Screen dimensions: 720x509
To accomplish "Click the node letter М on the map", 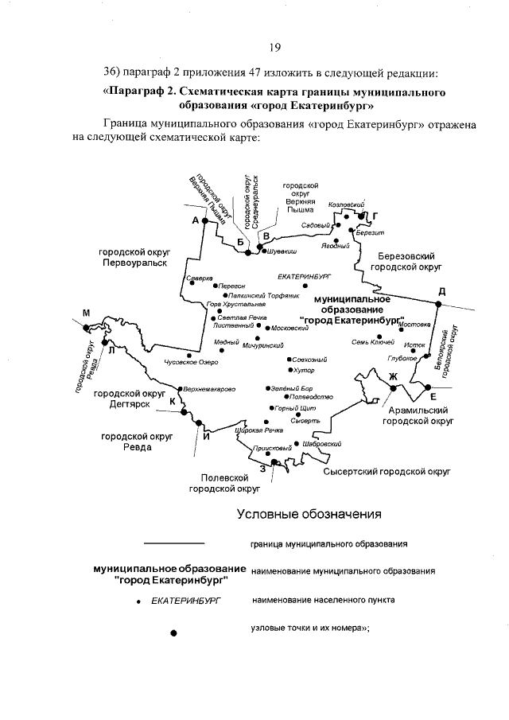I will [86, 313].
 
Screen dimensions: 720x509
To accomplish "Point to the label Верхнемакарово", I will [209, 389].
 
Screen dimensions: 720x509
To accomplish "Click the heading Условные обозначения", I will [309, 514].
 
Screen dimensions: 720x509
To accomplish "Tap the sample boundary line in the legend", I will [174, 543].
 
